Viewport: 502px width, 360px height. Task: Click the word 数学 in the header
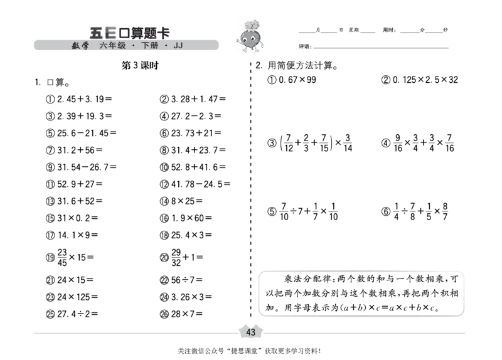pyautogui.click(x=80, y=45)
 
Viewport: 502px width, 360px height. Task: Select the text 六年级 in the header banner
pyautogui.click(x=112, y=45)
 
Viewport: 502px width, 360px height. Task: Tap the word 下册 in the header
pyautogui.click(x=150, y=45)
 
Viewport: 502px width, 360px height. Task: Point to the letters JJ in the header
pyautogui.click(x=178, y=45)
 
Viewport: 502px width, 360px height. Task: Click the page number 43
pyautogui.click(x=251, y=332)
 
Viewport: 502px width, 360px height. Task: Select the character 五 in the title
pyautogui.click(x=96, y=32)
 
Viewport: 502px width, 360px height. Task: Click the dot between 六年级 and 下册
pyautogui.click(x=134, y=45)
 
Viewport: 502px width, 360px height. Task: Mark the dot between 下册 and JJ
pyautogui.click(x=166, y=45)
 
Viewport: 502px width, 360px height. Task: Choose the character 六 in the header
pyautogui.click(x=104, y=45)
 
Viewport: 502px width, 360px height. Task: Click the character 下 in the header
pyautogui.click(x=146, y=45)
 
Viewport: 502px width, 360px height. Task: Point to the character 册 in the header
pyautogui.click(x=154, y=45)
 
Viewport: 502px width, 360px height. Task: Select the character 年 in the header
pyautogui.click(x=112, y=45)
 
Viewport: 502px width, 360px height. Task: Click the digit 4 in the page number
pyautogui.click(x=248, y=332)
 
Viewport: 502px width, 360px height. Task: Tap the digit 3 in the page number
pyautogui.click(x=254, y=332)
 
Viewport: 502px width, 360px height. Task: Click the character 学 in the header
pyautogui.click(x=85, y=45)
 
